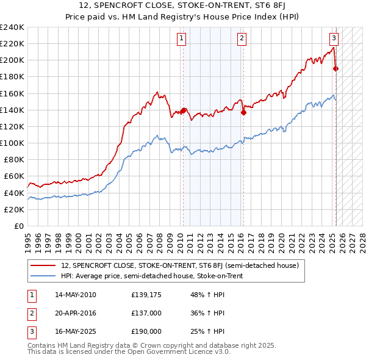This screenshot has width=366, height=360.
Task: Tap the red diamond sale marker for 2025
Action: [335, 68]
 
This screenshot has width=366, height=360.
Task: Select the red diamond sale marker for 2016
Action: [243, 112]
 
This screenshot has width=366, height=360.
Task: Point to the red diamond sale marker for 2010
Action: [183, 110]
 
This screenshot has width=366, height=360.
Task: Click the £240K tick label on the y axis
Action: [12, 27]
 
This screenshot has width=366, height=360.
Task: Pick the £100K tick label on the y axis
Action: [12, 143]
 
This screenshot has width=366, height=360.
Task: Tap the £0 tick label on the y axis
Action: [18, 226]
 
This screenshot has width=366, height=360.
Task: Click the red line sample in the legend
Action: [43, 265]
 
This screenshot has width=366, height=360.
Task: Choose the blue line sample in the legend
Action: [43, 276]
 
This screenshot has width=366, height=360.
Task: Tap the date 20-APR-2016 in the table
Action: [76, 313]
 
